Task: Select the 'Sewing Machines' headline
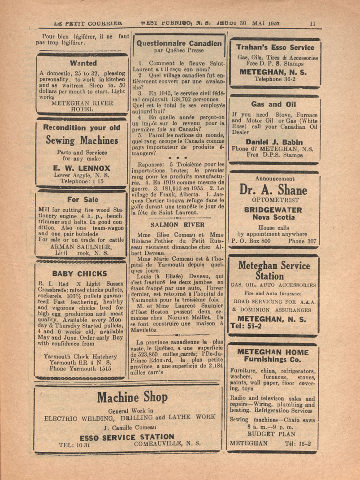click(x=82, y=140)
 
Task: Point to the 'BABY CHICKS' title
click(x=80, y=273)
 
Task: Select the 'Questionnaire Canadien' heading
click(x=179, y=44)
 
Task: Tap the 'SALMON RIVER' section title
click(x=178, y=224)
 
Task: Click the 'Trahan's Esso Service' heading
click(x=275, y=47)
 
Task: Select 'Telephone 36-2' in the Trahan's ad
click(x=275, y=79)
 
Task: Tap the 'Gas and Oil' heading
click(x=273, y=104)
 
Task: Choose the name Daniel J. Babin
click(x=274, y=142)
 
